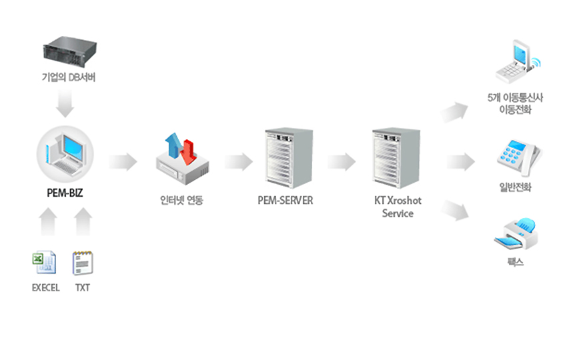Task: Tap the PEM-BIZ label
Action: (65, 195)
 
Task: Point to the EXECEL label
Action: (45, 288)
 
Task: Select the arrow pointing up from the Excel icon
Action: (47, 223)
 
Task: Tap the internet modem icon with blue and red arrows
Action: (181, 159)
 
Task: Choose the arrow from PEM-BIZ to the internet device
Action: (123, 161)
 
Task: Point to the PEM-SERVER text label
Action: (285, 200)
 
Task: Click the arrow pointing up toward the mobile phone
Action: (457, 112)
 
